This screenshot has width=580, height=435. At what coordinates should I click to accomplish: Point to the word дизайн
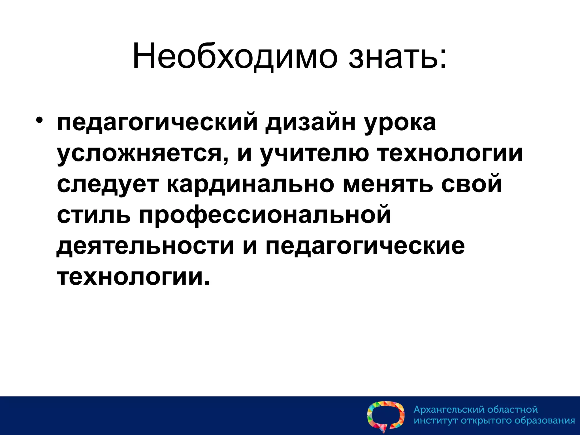click(310, 123)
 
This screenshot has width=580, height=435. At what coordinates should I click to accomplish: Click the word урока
click(400, 123)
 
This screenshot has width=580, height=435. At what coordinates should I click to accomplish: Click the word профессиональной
click(265, 216)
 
